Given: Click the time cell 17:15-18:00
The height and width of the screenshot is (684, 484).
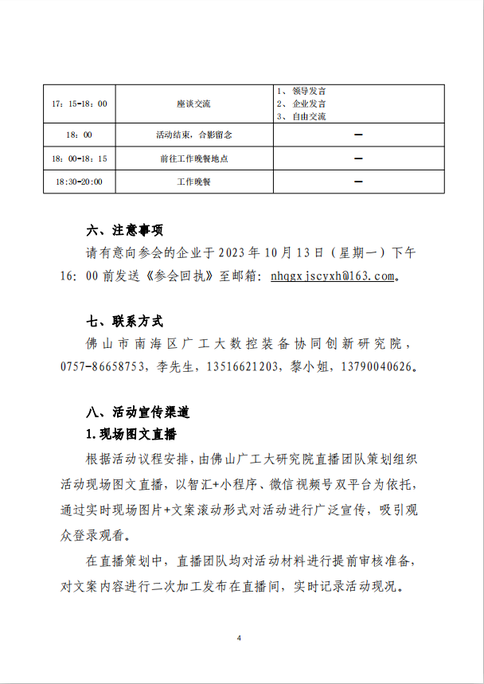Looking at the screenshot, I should coord(79,104).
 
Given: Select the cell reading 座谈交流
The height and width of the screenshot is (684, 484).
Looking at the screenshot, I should coord(193,104).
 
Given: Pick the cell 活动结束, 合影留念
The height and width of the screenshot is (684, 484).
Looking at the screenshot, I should coord(193,135).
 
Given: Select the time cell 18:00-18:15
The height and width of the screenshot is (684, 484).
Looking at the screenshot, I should coord(79,158).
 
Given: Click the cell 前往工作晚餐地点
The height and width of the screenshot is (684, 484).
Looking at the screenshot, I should coord(193,158).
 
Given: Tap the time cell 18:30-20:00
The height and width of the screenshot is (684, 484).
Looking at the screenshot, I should coord(79,182).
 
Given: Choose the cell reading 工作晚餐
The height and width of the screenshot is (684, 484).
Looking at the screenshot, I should coord(193,182).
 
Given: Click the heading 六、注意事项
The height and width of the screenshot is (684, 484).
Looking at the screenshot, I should coord(124,231).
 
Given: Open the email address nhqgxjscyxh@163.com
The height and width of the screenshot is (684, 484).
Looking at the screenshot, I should coord(333,276).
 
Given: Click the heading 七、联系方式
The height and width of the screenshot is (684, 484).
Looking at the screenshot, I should coord(124,322).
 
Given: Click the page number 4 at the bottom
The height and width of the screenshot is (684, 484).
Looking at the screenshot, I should coord(239,639).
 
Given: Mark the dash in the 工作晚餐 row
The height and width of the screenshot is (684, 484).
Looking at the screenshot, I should coord(358,182).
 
